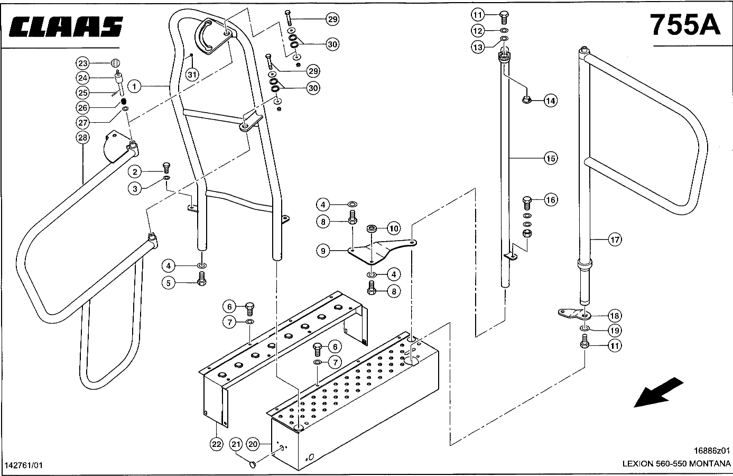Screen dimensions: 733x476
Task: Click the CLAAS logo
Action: coord(66,26)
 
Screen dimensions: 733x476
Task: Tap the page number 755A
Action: coord(685,25)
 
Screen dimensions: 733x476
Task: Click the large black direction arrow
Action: coord(658,392)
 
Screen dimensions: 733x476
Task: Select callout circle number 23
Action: coord(82,63)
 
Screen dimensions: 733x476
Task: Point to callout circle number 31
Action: coord(192,75)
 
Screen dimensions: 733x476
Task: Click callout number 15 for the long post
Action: coord(551,159)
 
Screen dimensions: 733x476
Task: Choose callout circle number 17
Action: coord(615,240)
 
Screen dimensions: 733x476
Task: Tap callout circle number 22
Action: coord(216,444)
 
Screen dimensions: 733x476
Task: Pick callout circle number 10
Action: coord(394,228)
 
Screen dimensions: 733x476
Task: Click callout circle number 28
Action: coord(82,138)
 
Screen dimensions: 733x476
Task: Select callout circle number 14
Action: coord(550,100)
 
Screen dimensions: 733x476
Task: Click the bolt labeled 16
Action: coord(527,203)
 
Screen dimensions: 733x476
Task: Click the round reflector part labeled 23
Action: coord(115,62)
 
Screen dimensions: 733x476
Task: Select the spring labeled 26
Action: coord(123,101)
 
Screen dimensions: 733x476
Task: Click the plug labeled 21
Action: coord(253,463)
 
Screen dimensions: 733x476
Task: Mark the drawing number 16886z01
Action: coord(712,451)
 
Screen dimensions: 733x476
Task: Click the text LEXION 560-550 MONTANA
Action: coord(676,464)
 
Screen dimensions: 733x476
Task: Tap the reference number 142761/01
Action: coord(23,465)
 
